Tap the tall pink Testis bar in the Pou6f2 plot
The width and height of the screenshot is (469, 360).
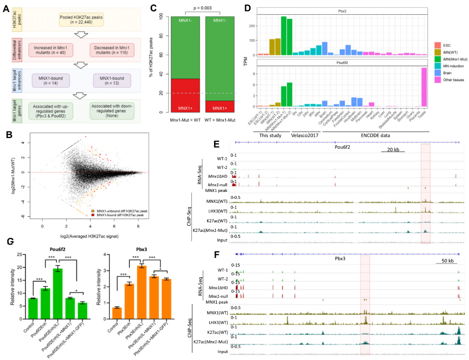click(x=424, y=87)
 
